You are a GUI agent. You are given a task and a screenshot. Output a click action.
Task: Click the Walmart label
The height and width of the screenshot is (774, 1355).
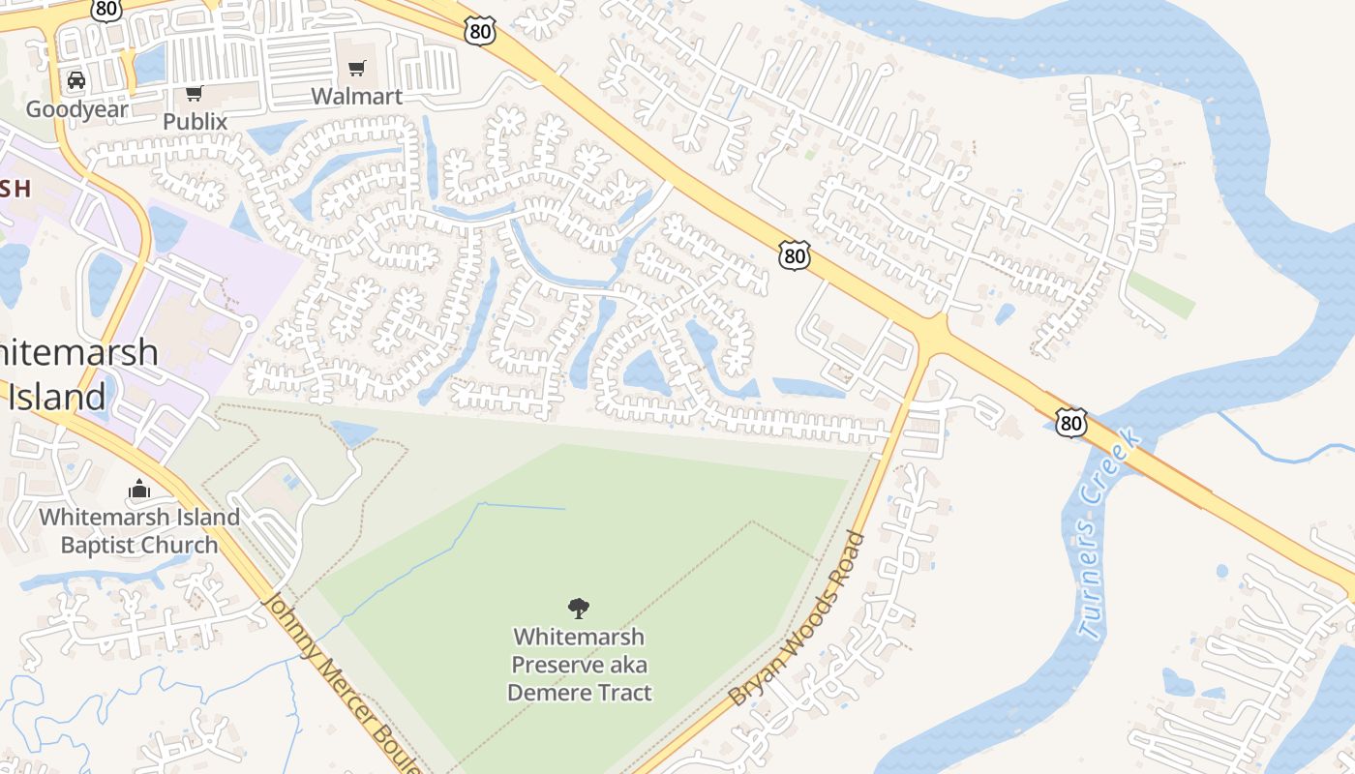coord(356,97)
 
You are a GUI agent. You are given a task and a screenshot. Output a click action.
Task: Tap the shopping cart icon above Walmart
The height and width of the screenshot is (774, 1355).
coord(357,68)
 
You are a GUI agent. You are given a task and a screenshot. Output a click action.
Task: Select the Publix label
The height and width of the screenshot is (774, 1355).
coord(195,122)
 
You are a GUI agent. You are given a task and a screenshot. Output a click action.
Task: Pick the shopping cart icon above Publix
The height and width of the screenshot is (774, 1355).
coord(194,93)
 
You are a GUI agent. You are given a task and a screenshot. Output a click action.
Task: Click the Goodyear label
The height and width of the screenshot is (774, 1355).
coord(76,108)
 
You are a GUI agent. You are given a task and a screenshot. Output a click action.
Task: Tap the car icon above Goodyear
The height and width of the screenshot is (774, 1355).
coord(76,80)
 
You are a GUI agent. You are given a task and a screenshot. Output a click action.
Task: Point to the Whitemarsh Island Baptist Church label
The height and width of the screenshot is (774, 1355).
coord(139,531)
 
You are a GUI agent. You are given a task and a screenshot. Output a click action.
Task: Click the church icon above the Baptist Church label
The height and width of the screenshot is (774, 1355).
coord(139,490)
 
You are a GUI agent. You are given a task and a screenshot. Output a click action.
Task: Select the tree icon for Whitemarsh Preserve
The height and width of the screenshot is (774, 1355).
coord(579,609)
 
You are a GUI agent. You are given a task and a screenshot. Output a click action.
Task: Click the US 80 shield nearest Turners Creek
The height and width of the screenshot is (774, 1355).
coord(1071,423)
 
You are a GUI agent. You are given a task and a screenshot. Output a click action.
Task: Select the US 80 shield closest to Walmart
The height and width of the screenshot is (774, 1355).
coord(479,30)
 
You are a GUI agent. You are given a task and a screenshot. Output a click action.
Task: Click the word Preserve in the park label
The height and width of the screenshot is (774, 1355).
coord(553,665)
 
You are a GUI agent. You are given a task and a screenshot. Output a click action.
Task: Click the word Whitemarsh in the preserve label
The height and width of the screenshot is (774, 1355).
coord(579,637)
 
